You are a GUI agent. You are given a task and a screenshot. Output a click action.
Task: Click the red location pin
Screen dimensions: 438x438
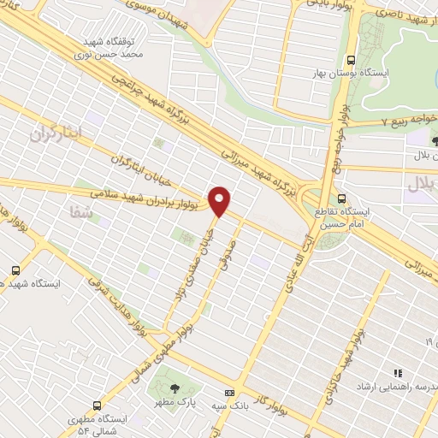click(221, 200)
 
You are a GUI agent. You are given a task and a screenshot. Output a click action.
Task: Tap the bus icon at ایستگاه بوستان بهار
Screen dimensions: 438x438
click(350, 60)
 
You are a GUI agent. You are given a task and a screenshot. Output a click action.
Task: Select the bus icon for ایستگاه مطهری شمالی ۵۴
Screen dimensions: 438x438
click(100, 403)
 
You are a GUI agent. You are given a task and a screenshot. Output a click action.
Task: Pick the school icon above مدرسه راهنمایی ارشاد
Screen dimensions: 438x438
click(398, 372)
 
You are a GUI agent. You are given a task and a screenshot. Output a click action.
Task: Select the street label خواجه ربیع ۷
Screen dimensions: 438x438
click(384, 121)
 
